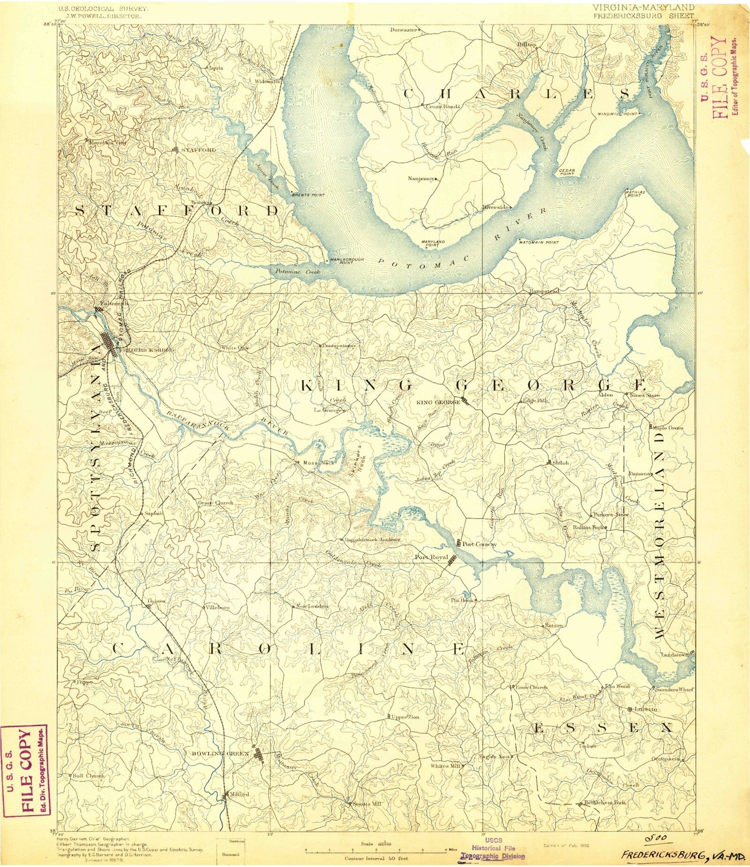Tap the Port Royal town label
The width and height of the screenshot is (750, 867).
click(x=431, y=557)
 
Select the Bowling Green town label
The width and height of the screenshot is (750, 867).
click(x=220, y=753)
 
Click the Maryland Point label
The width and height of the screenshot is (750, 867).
click(x=433, y=244)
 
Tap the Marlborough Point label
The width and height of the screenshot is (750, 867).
click(x=346, y=260)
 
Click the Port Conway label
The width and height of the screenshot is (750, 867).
click(x=479, y=544)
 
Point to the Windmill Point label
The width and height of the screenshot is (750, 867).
click(x=617, y=114)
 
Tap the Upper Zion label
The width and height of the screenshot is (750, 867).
click(x=405, y=717)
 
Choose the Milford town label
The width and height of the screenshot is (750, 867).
click(x=238, y=794)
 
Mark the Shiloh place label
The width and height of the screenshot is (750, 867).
click(x=560, y=463)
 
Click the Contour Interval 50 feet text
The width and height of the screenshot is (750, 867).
click(x=375, y=858)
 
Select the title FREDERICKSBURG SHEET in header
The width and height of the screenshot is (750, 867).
click(x=643, y=15)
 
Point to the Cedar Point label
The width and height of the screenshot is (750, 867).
click(x=566, y=172)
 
